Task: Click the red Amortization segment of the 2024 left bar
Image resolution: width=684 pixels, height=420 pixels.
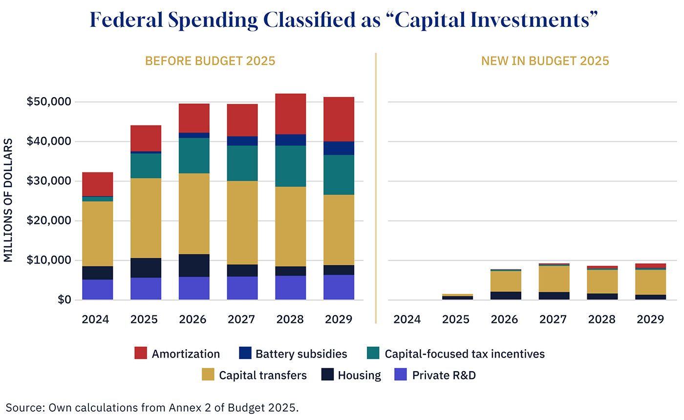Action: point(98,184)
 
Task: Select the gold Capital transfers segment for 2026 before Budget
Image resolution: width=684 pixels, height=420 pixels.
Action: point(194,213)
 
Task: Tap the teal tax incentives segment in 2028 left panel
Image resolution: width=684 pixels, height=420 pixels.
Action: point(290,166)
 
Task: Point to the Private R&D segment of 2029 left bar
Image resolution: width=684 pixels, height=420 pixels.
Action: point(339,287)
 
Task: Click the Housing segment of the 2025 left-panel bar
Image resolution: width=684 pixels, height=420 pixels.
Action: point(146,268)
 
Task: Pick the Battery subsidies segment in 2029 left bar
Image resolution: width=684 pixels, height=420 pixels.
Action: point(339,148)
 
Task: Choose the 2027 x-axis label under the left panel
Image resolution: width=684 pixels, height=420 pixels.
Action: point(242,319)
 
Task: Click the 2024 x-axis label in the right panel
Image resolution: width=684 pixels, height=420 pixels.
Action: point(407,319)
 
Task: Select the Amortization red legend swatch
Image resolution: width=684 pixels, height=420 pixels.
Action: point(141,354)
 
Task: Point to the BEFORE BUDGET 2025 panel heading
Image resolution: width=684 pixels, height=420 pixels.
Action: point(210,61)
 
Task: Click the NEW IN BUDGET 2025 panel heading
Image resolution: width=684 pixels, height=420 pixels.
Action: point(545,61)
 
